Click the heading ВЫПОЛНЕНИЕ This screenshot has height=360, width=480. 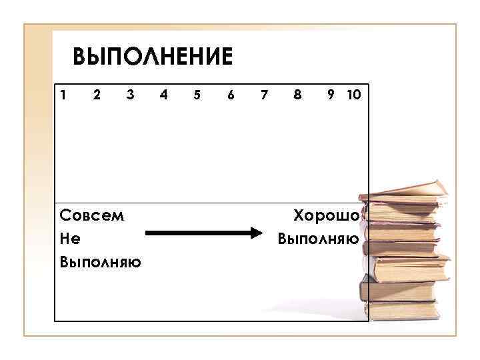coord(153,57)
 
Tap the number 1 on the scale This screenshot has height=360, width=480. coord(63,95)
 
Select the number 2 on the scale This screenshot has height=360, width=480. coord(97,95)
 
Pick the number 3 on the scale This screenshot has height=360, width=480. coord(131,95)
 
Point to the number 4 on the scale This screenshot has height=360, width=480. coord(164,95)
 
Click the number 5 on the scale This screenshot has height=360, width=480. coord(197,95)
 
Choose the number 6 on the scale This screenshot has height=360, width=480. coord(231,95)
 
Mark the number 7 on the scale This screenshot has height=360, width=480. coord(264,95)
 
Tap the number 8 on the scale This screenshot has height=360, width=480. coord(297,95)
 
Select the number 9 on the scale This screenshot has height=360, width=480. coord(331,95)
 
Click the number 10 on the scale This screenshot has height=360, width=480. coord(353,95)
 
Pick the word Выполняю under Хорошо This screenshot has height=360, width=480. coord(318,238)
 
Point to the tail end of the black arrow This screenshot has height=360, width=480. coord(148,233)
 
